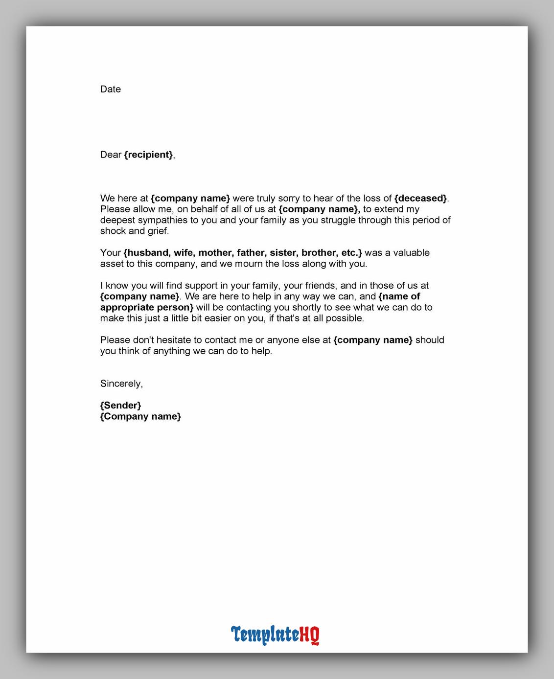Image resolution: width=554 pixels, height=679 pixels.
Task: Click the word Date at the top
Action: click(x=110, y=89)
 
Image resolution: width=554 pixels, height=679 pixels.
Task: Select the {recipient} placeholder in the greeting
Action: click(x=148, y=155)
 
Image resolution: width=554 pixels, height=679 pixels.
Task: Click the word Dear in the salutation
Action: click(x=111, y=155)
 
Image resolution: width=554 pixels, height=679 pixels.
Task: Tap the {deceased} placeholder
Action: click(x=420, y=198)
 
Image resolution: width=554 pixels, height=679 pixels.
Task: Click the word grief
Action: click(x=158, y=231)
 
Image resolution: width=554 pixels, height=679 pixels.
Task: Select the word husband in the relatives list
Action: click(x=147, y=253)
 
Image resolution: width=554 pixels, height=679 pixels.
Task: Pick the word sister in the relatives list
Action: click(x=283, y=253)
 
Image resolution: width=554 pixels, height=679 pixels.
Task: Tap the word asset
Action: click(x=112, y=264)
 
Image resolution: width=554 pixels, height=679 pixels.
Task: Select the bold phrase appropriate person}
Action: click(x=147, y=307)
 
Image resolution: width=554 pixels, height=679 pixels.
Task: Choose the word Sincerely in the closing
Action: click(x=121, y=384)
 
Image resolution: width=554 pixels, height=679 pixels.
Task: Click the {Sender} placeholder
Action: click(x=120, y=405)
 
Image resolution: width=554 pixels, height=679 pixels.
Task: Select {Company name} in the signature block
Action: click(x=140, y=416)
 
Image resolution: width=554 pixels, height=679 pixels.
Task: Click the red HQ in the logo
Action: click(x=309, y=634)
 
